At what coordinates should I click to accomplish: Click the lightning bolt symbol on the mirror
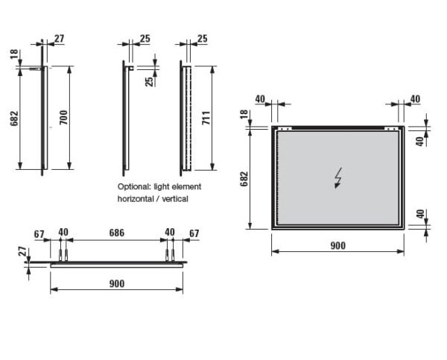click(338, 178)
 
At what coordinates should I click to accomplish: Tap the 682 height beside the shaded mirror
click(244, 179)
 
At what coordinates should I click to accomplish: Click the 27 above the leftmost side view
click(60, 37)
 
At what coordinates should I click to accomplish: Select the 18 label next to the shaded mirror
click(244, 113)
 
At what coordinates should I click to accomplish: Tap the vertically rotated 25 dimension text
click(148, 80)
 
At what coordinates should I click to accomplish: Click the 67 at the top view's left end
click(39, 233)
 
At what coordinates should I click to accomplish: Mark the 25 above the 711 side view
click(203, 37)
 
